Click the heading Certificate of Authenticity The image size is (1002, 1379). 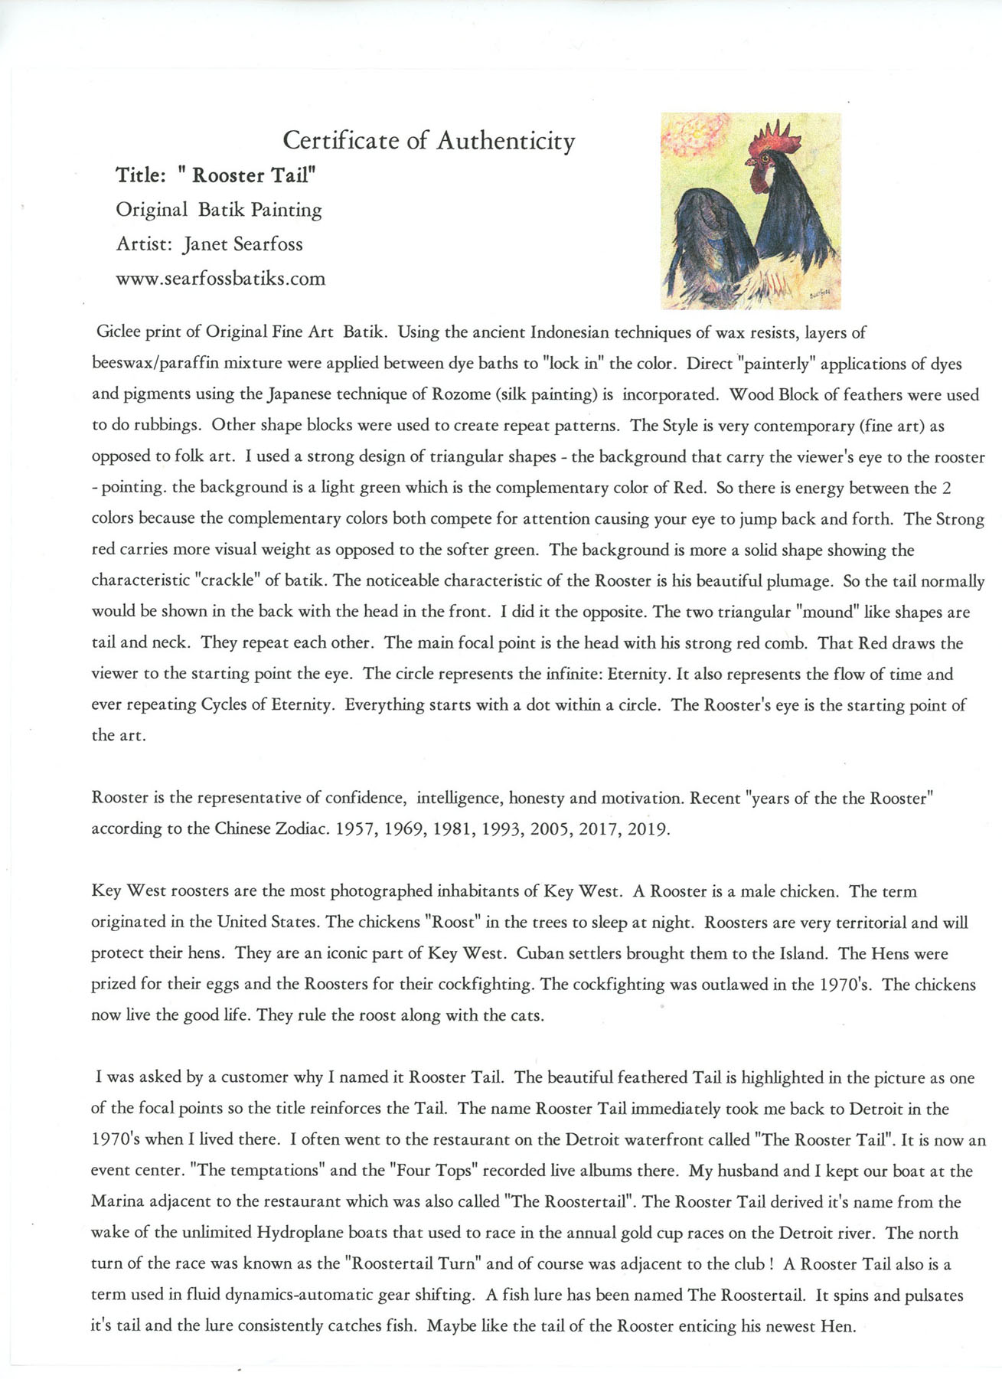(429, 141)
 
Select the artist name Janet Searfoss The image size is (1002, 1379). (243, 244)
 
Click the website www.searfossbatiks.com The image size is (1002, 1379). (220, 279)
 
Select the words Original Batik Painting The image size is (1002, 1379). (219, 210)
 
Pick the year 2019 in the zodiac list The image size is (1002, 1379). (648, 829)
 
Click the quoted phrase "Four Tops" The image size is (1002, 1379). (430, 1171)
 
